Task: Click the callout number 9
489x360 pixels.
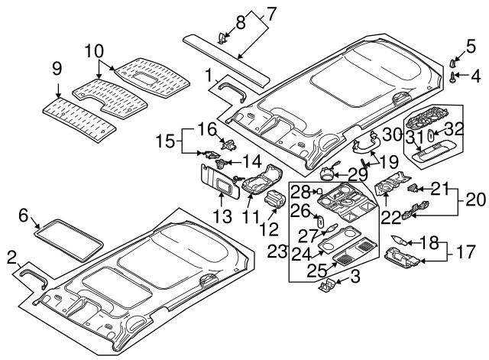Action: tap(57, 69)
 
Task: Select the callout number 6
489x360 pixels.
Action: tap(24, 216)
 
